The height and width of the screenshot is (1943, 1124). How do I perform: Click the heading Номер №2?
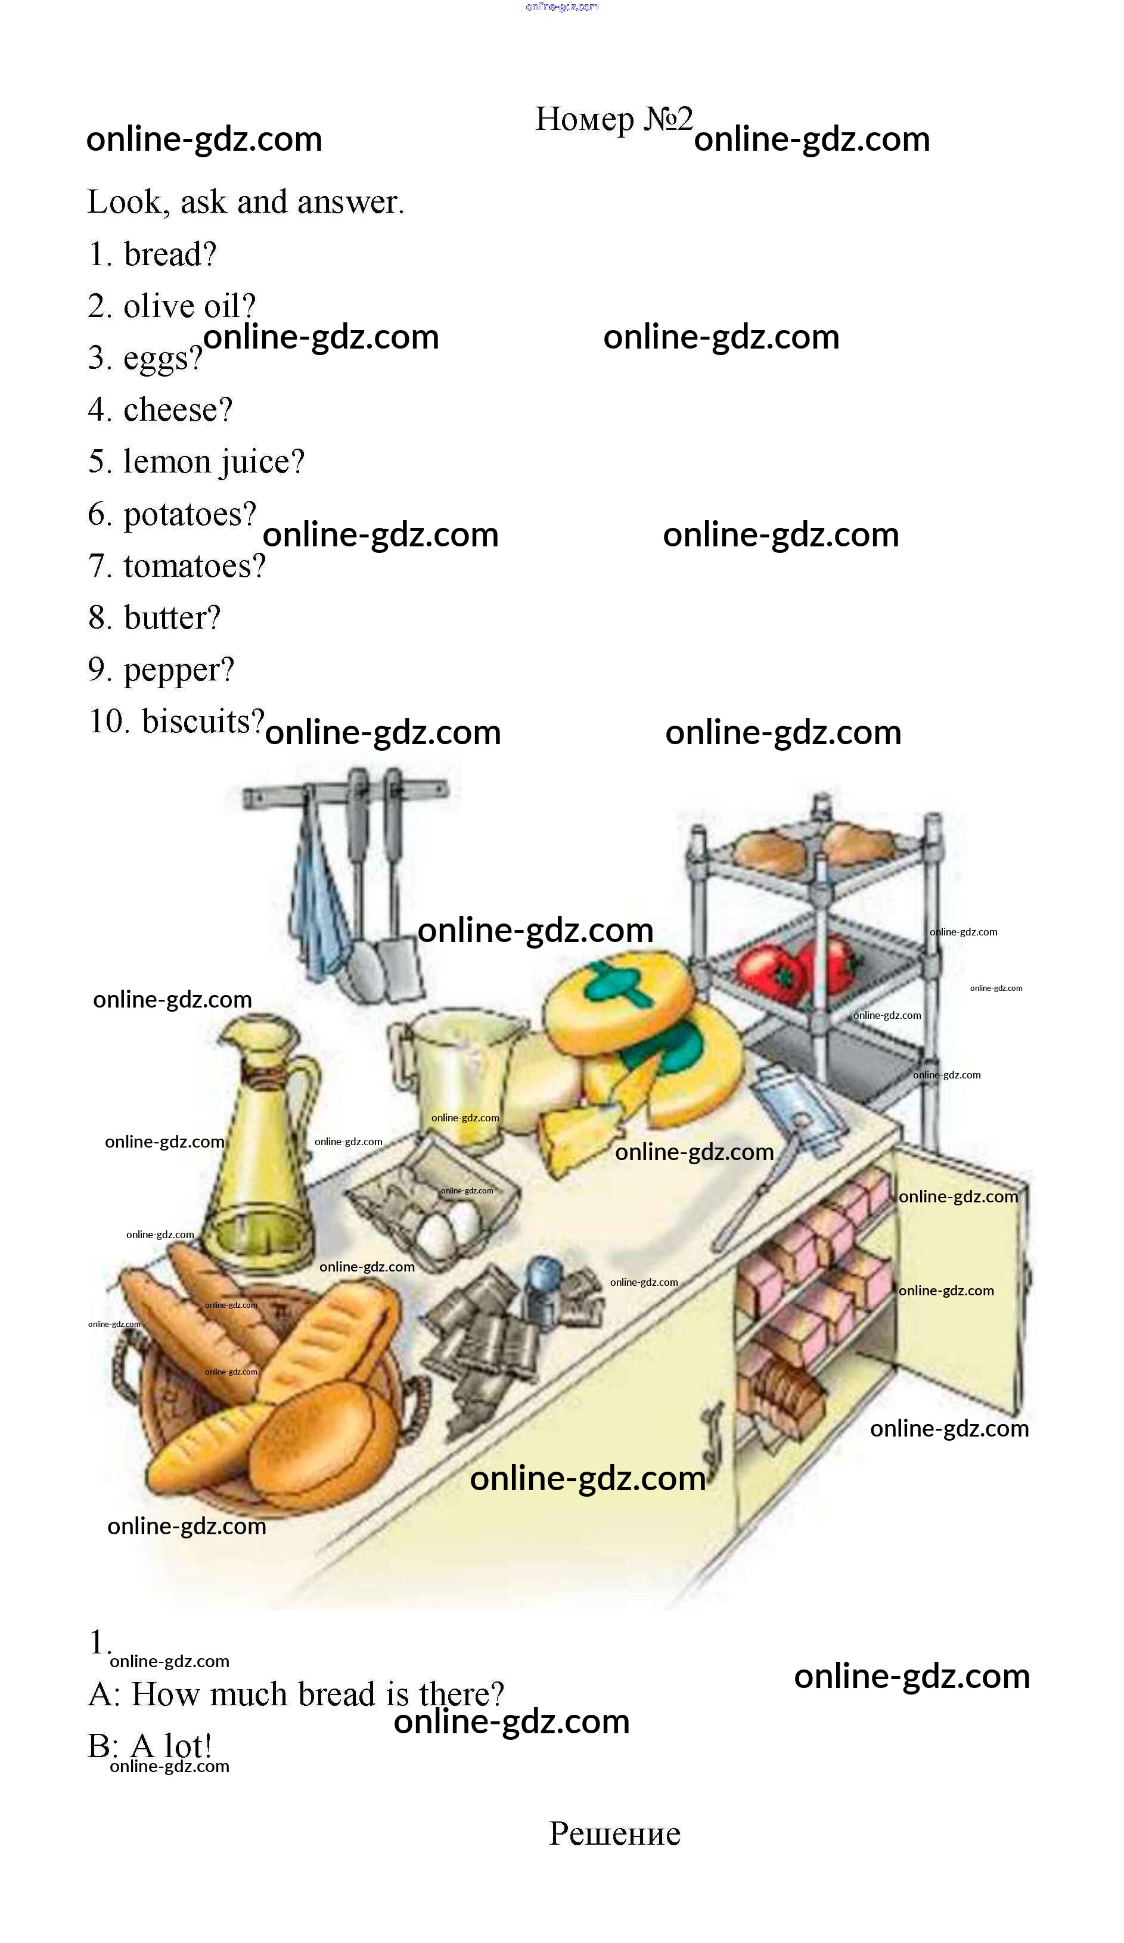[613, 120]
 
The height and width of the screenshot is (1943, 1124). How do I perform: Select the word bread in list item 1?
[170, 254]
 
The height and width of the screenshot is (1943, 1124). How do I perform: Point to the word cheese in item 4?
[178, 409]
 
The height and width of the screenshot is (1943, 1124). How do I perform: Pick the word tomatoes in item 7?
[194, 566]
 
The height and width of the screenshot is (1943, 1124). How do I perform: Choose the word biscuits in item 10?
[203, 722]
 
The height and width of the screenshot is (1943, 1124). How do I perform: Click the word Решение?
[614, 1833]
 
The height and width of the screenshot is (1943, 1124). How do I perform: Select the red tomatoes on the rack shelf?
[794, 968]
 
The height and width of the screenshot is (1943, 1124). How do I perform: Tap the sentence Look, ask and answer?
[246, 203]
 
